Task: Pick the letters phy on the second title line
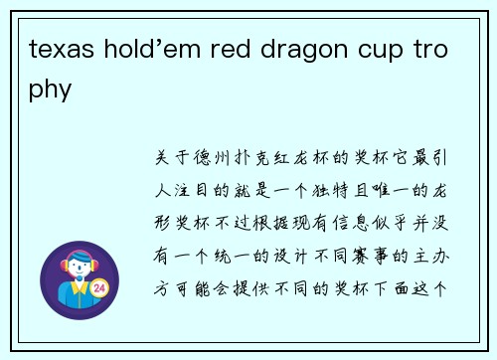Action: pos(52,90)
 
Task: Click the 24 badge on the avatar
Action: pos(98,287)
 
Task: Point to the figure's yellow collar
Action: pos(79,289)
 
